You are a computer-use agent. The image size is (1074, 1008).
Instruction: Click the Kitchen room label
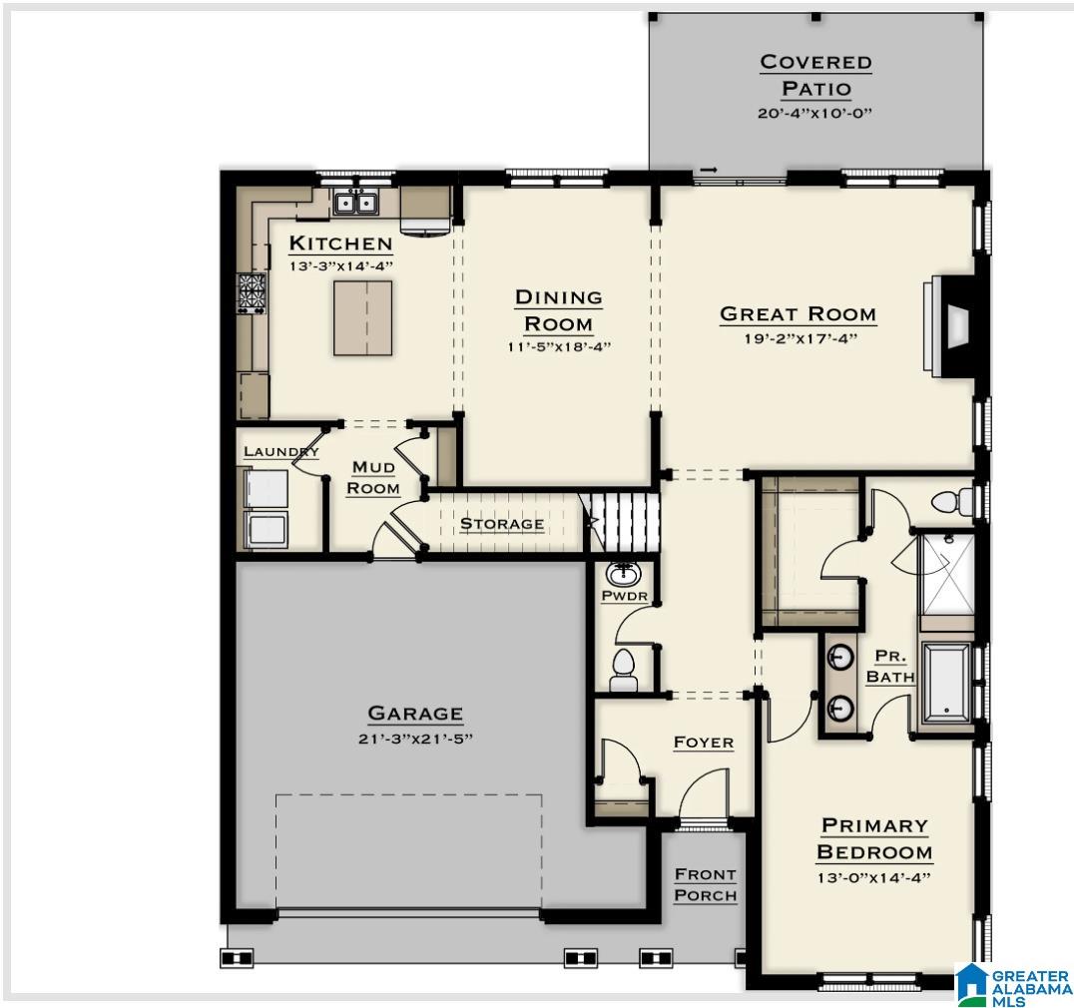click(x=340, y=244)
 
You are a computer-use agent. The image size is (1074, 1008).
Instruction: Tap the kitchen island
click(x=362, y=317)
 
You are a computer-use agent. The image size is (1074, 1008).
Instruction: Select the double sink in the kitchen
click(x=355, y=204)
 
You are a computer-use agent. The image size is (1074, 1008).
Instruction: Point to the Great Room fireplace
click(x=953, y=324)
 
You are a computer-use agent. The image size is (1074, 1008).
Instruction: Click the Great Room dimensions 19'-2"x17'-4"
click(x=798, y=338)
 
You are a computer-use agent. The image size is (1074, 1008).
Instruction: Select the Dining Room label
click(x=558, y=310)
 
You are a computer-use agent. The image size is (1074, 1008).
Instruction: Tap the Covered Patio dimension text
click(x=814, y=113)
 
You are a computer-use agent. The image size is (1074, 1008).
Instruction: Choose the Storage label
click(x=502, y=524)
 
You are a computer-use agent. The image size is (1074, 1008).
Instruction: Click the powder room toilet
click(x=624, y=669)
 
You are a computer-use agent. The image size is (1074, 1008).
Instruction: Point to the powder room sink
click(x=625, y=573)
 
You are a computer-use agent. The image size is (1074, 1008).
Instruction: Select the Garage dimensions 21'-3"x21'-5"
click(x=415, y=739)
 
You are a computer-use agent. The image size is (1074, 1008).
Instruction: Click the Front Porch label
click(x=706, y=884)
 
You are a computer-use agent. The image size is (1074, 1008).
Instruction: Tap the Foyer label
click(x=703, y=743)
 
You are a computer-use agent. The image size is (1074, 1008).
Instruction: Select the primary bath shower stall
click(x=945, y=575)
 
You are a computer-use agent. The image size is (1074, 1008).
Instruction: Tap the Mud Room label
click(x=374, y=478)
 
